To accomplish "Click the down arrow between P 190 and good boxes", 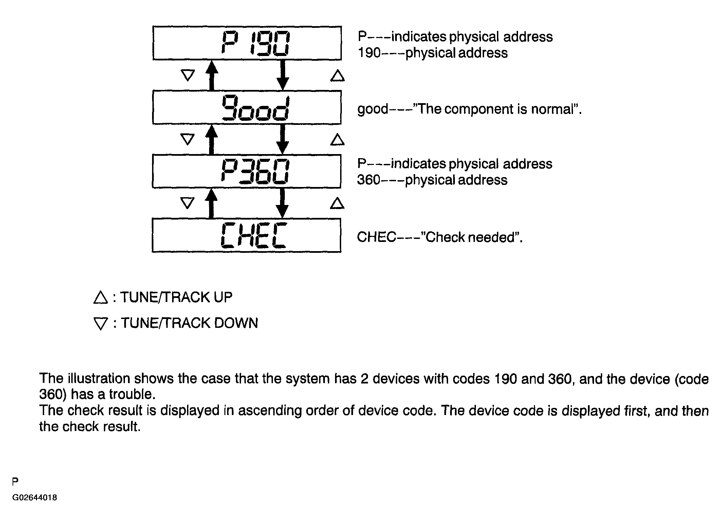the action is [x=283, y=75].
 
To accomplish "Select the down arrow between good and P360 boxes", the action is [x=282, y=139].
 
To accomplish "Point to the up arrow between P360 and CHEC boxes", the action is [x=211, y=203].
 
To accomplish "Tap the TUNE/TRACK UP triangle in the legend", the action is [x=100, y=297].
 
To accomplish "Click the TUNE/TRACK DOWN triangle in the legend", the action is [x=100, y=324].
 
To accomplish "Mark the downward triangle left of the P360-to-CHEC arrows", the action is [x=187, y=203].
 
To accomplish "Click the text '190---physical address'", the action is [x=433, y=53].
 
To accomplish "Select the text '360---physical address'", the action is [x=432, y=180].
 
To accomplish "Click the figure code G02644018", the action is [x=35, y=497].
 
